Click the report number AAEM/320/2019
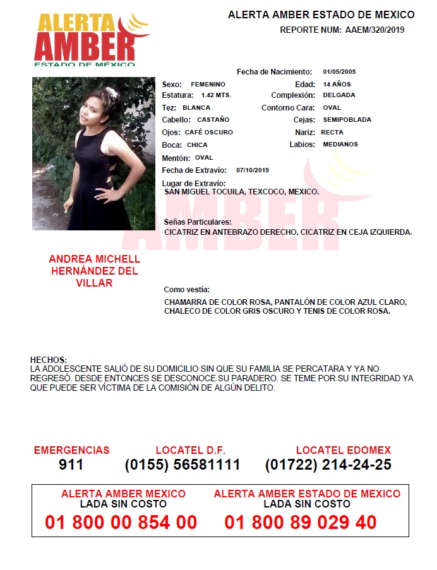[x=375, y=30]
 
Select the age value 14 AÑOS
[x=337, y=84]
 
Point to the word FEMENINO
[x=208, y=84]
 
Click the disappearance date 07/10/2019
[x=253, y=170]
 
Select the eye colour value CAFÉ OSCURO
[x=209, y=133]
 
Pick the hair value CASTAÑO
[x=213, y=120]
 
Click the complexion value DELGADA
[x=339, y=95]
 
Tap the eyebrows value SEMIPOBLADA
[x=347, y=120]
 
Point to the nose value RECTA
[x=332, y=133]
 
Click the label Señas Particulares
[x=198, y=222]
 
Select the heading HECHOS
[x=48, y=360]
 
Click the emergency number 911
[x=71, y=465]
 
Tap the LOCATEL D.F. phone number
[x=183, y=465]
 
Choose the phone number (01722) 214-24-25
[x=328, y=465]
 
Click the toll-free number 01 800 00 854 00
[x=121, y=523]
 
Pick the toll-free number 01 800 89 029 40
[x=301, y=523]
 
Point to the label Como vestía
[x=187, y=290]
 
